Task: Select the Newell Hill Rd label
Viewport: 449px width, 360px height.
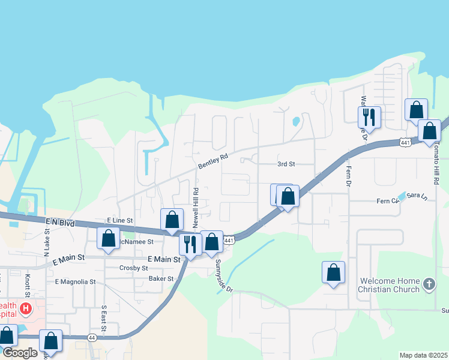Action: tap(196, 206)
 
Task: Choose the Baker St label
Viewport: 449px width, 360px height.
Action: tap(161, 278)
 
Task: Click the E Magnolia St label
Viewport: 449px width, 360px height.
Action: tap(75, 281)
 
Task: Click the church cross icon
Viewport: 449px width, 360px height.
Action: tap(429, 283)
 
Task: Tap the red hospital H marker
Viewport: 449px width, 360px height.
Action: tap(25, 309)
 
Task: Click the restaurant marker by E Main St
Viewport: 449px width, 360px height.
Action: tap(190, 244)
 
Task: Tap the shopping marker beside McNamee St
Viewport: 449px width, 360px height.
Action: tap(108, 238)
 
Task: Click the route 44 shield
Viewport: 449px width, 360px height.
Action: tap(92, 338)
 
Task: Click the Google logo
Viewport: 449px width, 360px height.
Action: tap(20, 352)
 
